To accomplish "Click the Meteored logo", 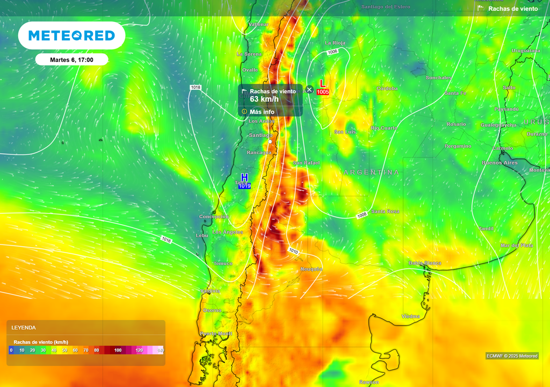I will tap(71, 35).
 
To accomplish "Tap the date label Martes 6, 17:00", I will tap(71, 60).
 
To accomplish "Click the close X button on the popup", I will tap(309, 89).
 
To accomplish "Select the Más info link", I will tap(262, 112).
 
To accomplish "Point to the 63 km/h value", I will tap(264, 99).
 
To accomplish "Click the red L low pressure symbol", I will tap(322, 83).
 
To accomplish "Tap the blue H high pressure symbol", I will tap(244, 177).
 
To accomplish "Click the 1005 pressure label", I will tap(323, 92).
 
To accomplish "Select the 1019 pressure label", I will tap(244, 186).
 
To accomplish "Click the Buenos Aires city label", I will tap(500, 162).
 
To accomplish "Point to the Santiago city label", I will tap(262, 135).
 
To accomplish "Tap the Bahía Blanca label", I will tap(425, 263).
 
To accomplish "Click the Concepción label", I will tap(214, 217).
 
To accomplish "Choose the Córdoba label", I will tap(387, 88).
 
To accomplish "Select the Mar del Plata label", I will tap(517, 245).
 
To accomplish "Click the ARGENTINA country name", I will tap(371, 172).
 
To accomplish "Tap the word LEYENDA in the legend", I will tap(24, 327).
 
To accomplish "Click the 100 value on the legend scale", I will tap(118, 350).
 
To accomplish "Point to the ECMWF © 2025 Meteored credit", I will tap(512, 356).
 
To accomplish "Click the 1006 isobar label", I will tap(332, 52).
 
